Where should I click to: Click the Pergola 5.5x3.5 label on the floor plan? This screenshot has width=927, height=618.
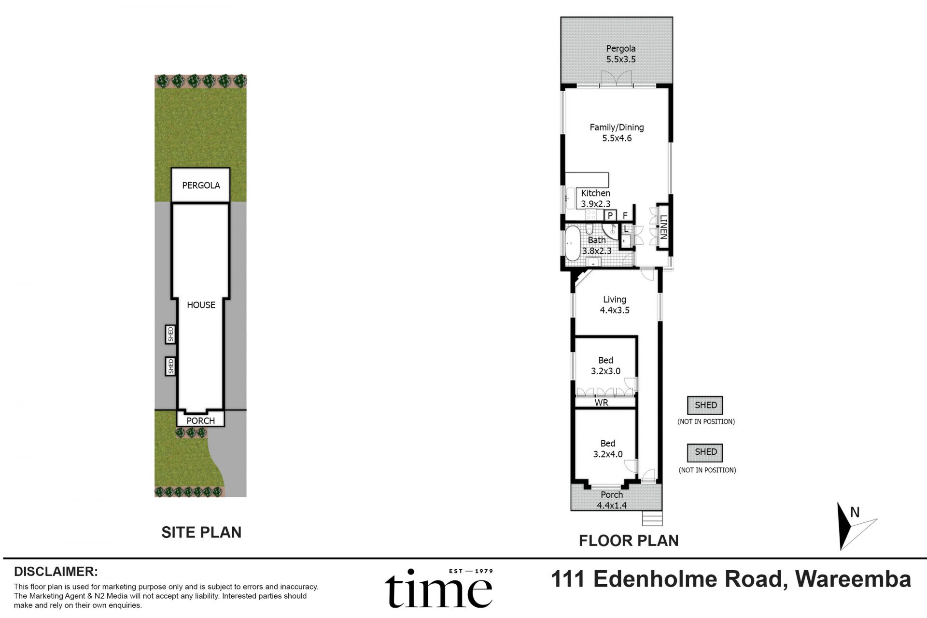coord(620,54)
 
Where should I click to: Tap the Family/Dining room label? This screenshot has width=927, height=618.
coord(617,133)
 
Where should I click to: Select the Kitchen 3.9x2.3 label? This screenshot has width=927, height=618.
coord(595,198)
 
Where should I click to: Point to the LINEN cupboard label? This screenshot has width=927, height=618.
coord(663,227)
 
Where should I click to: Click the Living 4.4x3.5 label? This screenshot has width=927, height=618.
coord(614,305)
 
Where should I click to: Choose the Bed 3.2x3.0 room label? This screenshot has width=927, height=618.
coord(605,365)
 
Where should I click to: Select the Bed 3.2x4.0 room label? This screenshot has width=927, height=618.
coord(607,449)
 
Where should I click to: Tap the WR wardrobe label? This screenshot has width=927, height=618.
coord(601,403)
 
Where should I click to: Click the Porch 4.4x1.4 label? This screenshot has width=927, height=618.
coord(611,500)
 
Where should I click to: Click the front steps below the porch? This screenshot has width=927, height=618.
coord(652,519)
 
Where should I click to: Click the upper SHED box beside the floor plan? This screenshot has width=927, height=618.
coord(705,405)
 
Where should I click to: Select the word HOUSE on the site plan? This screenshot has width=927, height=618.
coord(201,305)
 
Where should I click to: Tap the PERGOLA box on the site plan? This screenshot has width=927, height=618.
coord(201,185)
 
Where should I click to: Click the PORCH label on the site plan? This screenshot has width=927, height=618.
coord(200,421)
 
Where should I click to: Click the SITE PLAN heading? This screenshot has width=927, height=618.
coord(201,532)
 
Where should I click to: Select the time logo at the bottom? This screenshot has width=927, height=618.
coord(438,589)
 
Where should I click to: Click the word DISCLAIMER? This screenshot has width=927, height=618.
coord(56,572)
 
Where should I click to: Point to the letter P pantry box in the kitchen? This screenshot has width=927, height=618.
coord(610,215)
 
